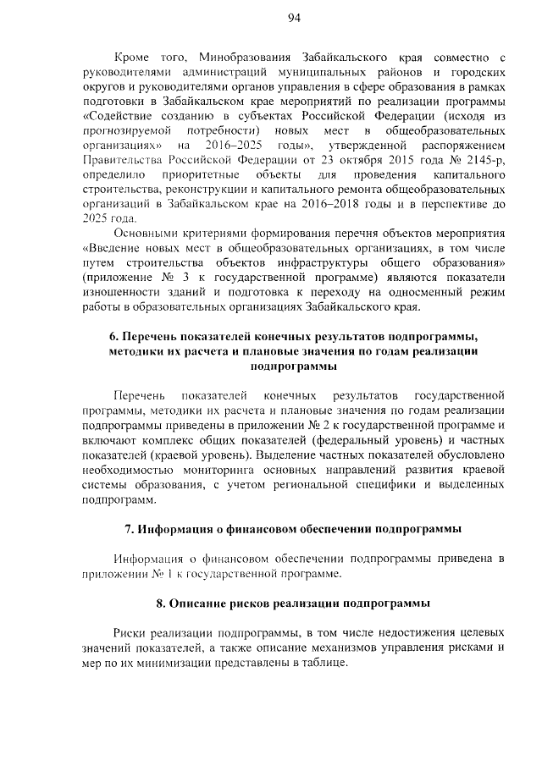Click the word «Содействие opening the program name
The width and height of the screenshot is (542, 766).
[122, 117]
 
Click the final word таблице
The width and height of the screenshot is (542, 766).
[324, 662]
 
